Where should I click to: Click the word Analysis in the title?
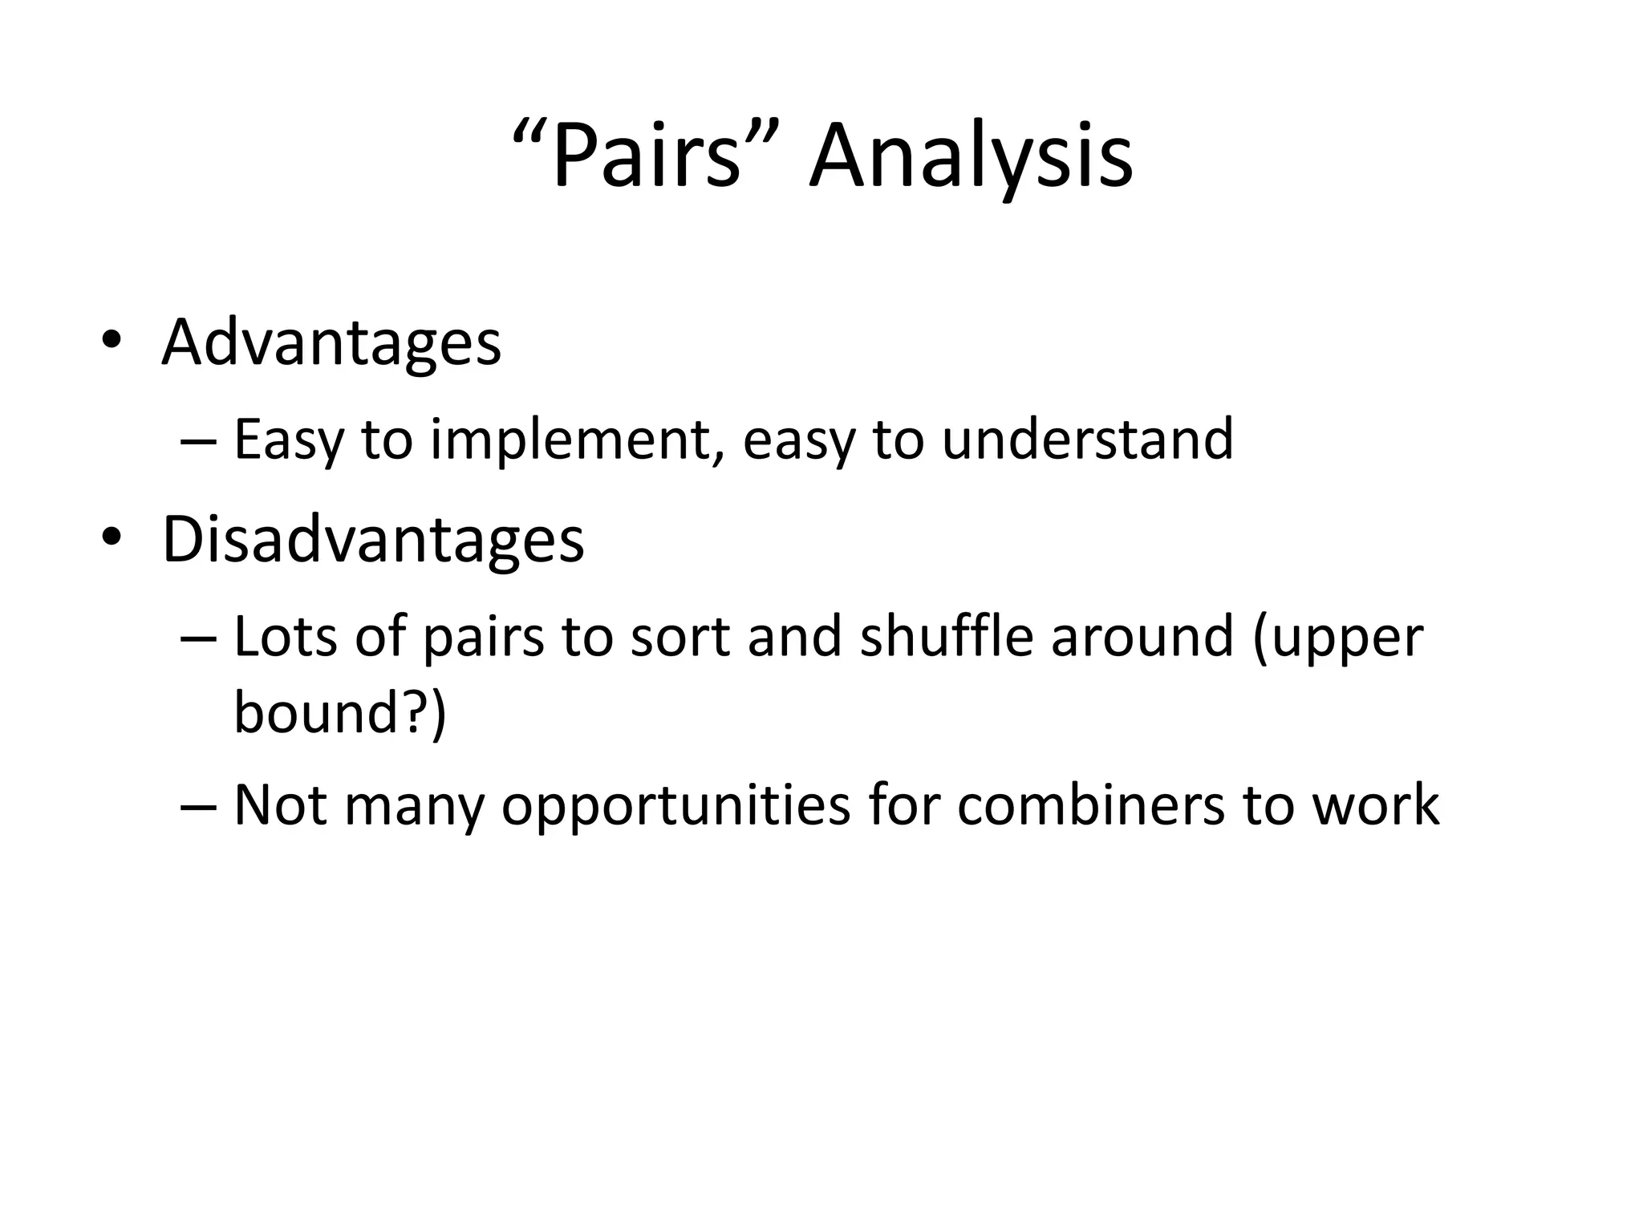tap(971, 156)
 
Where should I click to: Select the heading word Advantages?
tap(331, 343)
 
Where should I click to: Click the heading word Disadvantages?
tap(373, 540)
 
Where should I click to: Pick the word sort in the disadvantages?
tap(680, 638)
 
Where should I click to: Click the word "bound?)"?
tap(339, 711)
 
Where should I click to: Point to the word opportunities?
tap(675, 806)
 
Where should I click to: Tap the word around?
tap(1141, 638)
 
